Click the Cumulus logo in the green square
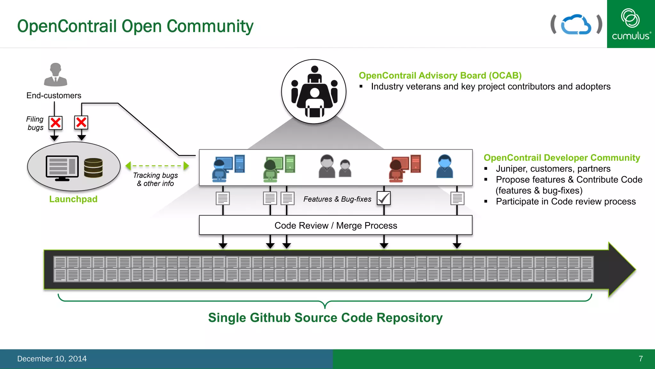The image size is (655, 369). coord(631,24)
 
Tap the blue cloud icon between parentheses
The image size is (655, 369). coord(576,24)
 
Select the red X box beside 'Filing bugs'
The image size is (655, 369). coord(56,123)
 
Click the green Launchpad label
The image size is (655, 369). coord(73,199)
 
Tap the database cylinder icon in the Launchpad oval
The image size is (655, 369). coord(93,168)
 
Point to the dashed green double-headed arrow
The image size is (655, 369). coord(157,166)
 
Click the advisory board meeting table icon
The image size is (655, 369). coord(314,92)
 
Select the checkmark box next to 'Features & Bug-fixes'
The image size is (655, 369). coord(383,198)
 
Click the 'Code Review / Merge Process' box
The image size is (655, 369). coord(335,225)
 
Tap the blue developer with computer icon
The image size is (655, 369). coord(228,168)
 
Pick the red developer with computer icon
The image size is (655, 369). coord(405,168)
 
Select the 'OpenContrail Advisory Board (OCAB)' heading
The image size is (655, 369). coord(440,76)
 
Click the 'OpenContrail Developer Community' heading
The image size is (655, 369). coord(562,158)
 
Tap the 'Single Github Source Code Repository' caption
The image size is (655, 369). coord(325,318)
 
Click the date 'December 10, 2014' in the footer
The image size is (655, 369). coord(52,359)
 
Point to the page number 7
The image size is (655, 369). coord(641,359)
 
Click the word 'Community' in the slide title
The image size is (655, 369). coord(210,26)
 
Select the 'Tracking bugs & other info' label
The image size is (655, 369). coord(155,179)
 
